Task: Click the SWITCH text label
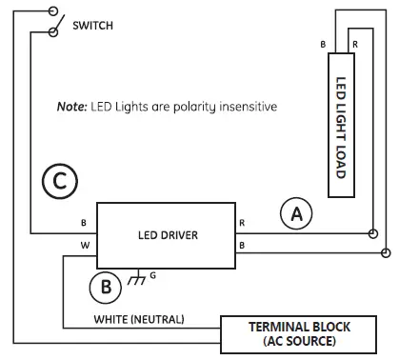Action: click(92, 25)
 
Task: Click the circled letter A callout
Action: click(297, 216)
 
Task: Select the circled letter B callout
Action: click(108, 285)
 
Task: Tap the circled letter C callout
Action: click(59, 181)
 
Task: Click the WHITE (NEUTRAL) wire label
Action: click(139, 317)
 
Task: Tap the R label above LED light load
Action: click(354, 44)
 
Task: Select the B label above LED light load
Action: click(323, 44)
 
